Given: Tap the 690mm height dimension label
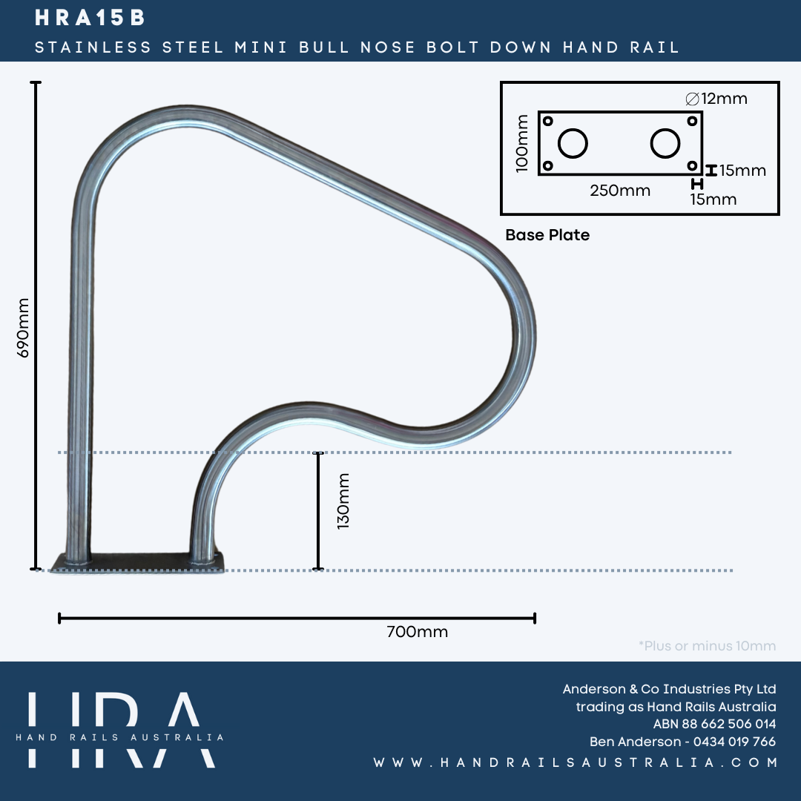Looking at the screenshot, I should tap(24, 328).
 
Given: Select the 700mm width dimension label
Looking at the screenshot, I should tap(417, 632).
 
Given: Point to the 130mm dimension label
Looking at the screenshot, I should tap(343, 501).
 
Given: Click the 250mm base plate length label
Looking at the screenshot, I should tap(620, 191).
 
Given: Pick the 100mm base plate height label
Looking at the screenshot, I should tap(522, 143).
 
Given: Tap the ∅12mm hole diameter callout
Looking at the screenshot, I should tap(716, 98).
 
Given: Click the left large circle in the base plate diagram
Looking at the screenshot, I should tap(573, 143).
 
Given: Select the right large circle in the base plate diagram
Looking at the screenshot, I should tap(665, 143).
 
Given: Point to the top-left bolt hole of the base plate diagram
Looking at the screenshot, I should tap(548, 120).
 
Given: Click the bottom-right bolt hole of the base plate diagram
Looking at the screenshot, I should tap(691, 165).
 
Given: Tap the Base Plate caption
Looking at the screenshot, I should tap(547, 235).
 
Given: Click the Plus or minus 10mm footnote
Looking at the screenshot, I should tap(707, 646).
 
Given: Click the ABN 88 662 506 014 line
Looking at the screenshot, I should tap(714, 724).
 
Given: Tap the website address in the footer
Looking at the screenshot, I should tap(576, 762).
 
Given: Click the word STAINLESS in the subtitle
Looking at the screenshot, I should tap(93, 47).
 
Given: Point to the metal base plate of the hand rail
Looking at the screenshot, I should tap(137, 561).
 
